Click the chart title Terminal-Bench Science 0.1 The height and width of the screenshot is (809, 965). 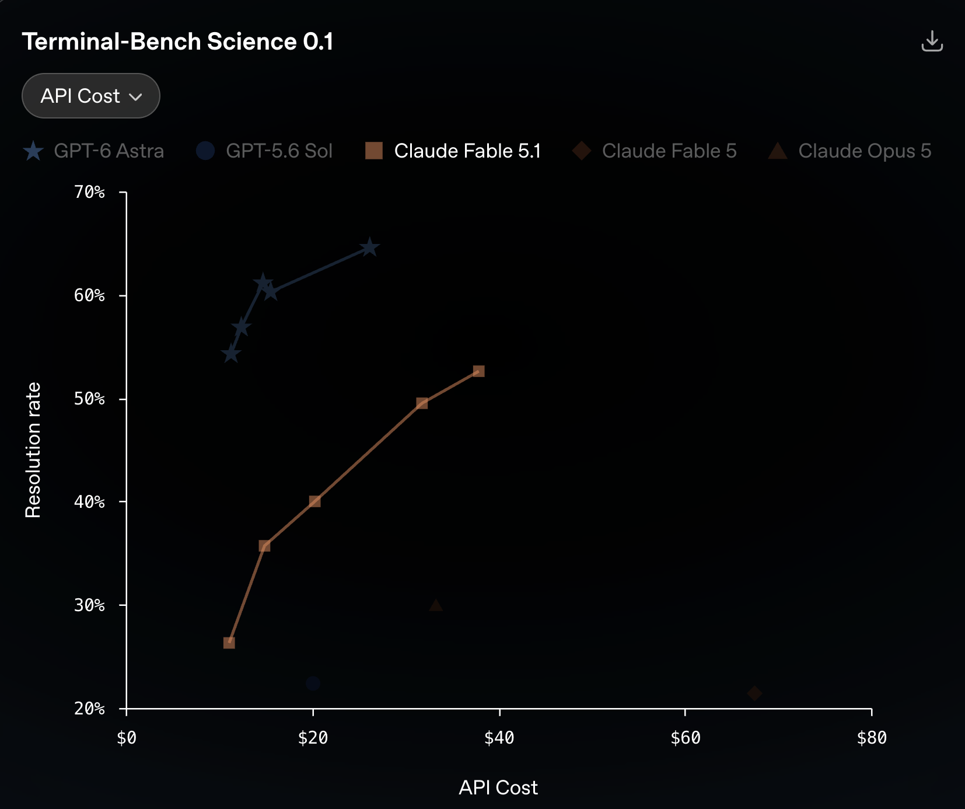[x=177, y=42]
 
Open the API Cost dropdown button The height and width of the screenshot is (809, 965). [x=91, y=96]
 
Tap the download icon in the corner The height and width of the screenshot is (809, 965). [x=932, y=41]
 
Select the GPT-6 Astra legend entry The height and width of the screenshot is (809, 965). [x=93, y=151]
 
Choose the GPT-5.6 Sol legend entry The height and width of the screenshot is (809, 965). [x=264, y=151]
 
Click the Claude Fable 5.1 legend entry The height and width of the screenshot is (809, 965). [x=453, y=151]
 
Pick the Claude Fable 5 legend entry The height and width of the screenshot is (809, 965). [x=654, y=151]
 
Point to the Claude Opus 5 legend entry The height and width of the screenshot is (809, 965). [x=849, y=151]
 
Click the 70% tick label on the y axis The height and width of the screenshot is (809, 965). [x=89, y=192]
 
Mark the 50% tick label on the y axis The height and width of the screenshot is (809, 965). [x=89, y=399]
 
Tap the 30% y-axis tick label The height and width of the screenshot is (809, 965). [x=89, y=605]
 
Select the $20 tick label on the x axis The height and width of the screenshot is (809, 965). [x=313, y=738]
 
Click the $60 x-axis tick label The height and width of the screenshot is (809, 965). [x=685, y=738]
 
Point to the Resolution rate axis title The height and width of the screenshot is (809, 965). [x=33, y=450]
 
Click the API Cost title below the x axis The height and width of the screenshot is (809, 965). [x=498, y=787]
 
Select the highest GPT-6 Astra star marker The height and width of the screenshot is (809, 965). [x=369, y=247]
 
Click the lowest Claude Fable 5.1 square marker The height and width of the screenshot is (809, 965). [x=229, y=643]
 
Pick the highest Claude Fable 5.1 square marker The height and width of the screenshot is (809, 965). [x=478, y=371]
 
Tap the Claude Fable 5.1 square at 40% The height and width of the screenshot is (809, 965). [x=314, y=501]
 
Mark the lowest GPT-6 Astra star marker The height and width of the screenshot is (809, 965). [x=231, y=354]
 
